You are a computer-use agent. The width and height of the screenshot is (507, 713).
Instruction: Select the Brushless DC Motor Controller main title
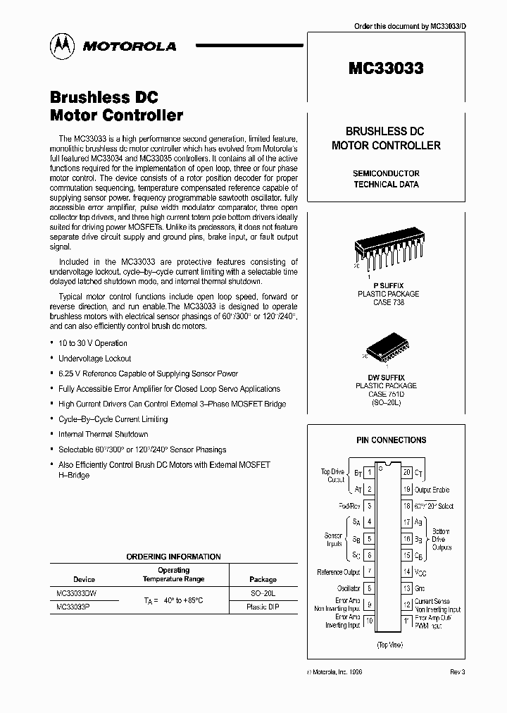[116, 106]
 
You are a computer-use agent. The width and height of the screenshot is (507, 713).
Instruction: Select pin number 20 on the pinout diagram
[406, 473]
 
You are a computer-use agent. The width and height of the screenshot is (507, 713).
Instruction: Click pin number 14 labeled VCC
[406, 572]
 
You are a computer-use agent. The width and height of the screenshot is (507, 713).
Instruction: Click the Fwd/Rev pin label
[349, 506]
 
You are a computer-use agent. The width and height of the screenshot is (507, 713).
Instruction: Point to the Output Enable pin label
[432, 490]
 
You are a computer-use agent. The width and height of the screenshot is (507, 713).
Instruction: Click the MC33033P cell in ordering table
[74, 607]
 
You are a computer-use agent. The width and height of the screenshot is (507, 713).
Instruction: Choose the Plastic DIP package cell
[263, 607]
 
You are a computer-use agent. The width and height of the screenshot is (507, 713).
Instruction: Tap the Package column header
[263, 579]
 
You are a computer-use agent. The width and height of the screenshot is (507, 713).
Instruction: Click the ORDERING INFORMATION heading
[173, 557]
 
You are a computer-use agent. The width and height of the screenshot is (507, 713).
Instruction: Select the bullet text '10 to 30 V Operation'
[93, 343]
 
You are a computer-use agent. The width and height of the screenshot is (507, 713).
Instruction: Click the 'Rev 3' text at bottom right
[458, 672]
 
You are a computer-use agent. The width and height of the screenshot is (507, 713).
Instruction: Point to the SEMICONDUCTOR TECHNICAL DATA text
[385, 179]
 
